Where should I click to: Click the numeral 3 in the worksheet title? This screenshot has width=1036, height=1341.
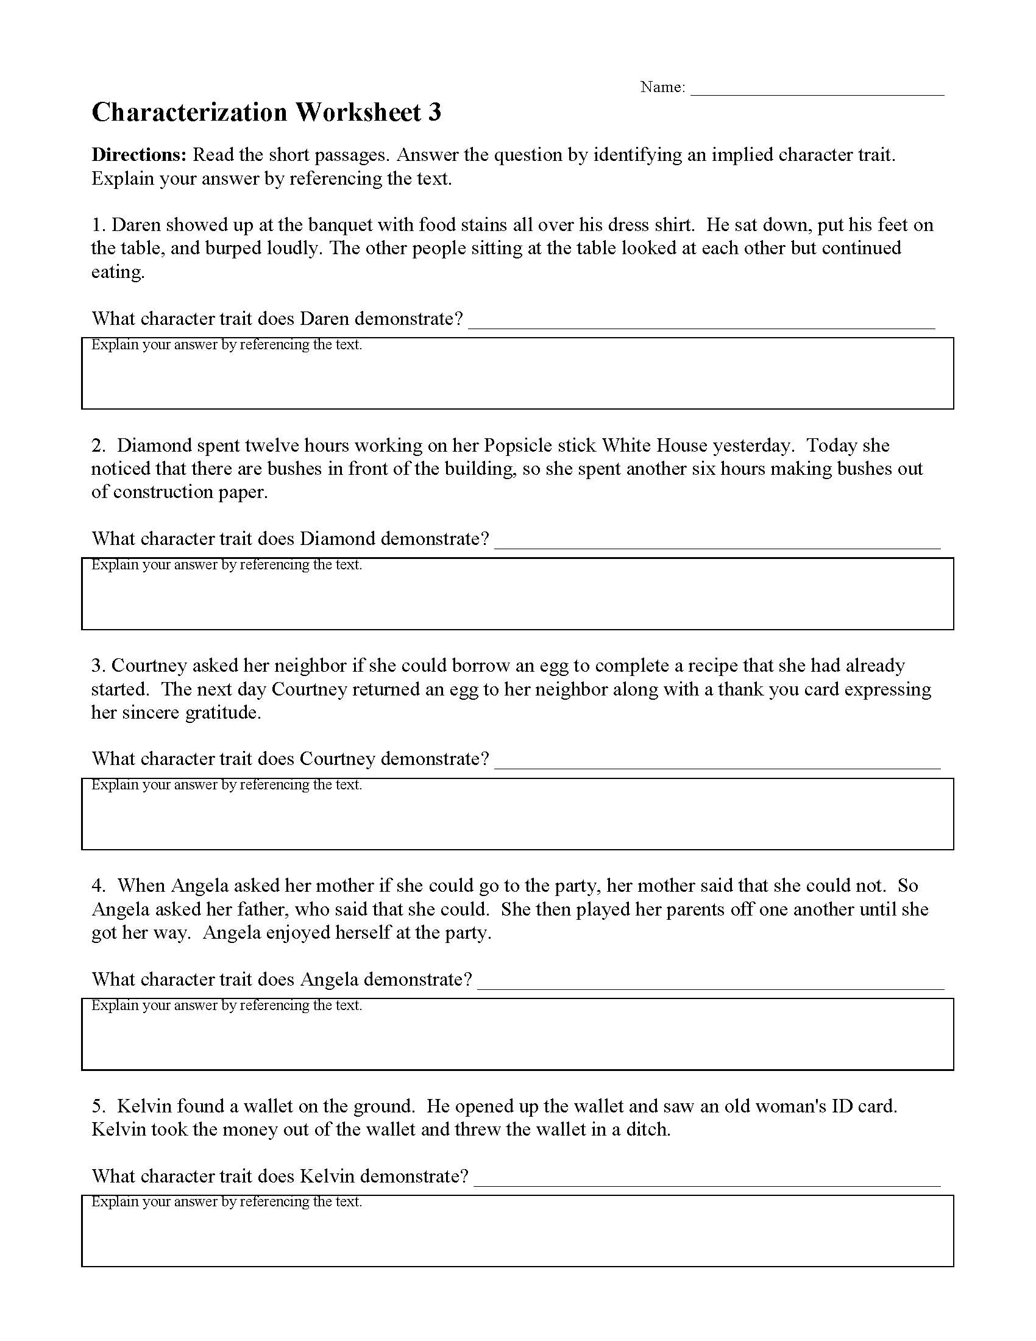tap(435, 113)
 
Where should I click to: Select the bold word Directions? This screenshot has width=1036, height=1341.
tap(139, 155)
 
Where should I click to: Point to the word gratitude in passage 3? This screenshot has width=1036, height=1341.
tap(222, 713)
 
